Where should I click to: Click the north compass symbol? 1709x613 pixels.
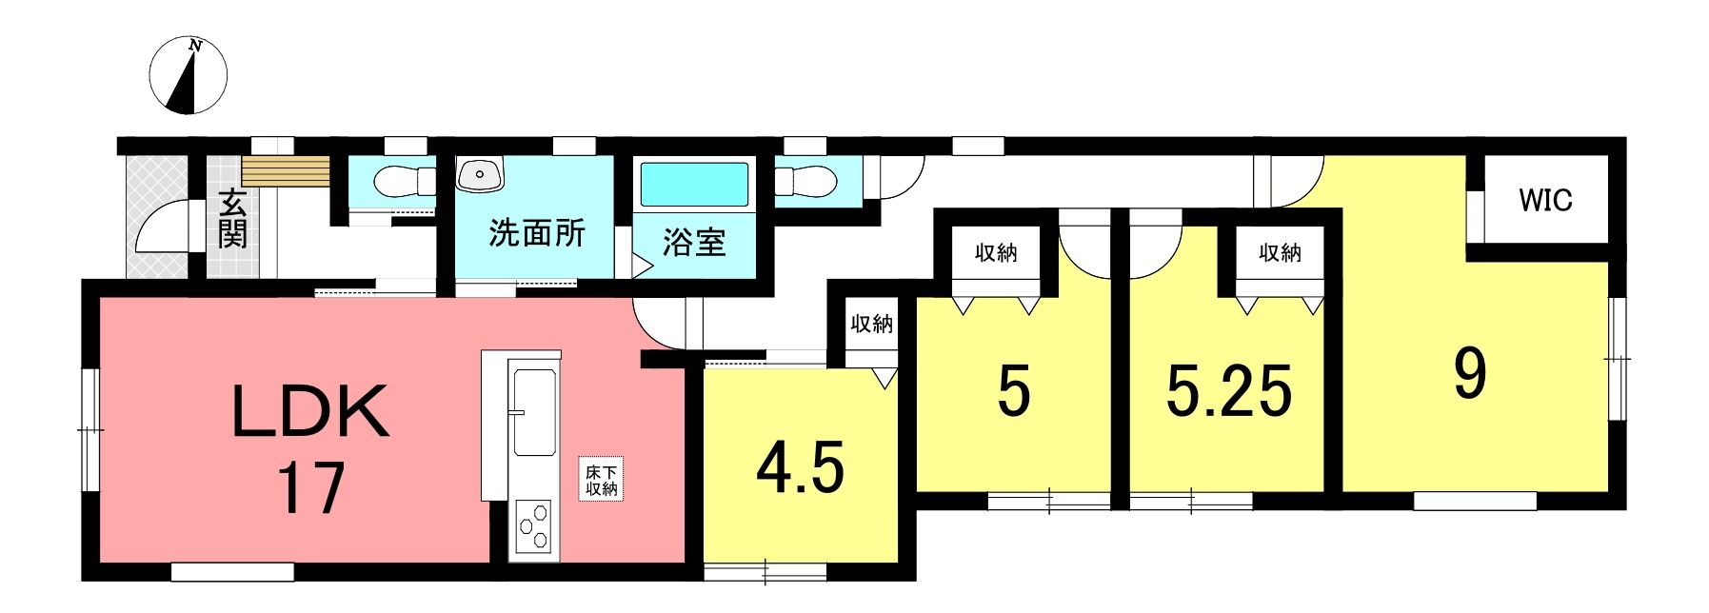(189, 75)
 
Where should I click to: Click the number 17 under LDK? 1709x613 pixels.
(310, 487)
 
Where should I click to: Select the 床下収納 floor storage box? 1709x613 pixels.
(602, 481)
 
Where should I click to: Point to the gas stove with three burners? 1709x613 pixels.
(533, 525)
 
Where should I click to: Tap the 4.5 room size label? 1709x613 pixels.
(801, 468)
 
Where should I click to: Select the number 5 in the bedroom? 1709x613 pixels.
(1013, 391)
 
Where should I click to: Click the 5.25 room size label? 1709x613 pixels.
(1229, 391)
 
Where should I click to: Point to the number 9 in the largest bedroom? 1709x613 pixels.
(1469, 374)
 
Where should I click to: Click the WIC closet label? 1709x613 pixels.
(1545, 201)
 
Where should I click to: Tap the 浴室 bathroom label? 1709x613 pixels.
(694, 242)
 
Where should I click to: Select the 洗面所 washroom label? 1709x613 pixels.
(537, 233)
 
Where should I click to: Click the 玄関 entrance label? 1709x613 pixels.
(232, 219)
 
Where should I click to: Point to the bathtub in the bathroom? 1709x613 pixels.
(694, 185)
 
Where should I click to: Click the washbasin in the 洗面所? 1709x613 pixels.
(479, 174)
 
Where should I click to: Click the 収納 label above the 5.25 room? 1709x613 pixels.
(1280, 252)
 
